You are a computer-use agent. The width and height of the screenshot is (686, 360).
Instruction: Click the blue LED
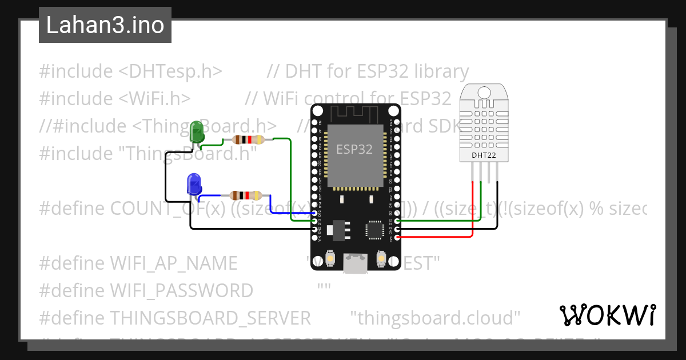click(x=194, y=184)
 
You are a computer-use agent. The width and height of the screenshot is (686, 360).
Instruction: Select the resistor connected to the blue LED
click(x=245, y=196)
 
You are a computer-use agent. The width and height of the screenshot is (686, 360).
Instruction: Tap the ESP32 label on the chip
click(x=354, y=150)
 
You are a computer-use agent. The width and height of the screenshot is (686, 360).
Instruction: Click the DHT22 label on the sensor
click(x=483, y=155)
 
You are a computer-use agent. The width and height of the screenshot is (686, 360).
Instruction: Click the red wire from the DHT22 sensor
click(x=472, y=211)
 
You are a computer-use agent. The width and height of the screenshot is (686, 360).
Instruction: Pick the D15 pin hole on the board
click(x=396, y=221)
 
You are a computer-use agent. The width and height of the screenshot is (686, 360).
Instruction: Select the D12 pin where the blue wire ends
click(x=314, y=213)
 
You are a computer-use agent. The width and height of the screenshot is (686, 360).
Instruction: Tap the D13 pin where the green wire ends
click(x=314, y=221)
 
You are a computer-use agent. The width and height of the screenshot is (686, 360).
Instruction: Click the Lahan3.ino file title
click(x=105, y=25)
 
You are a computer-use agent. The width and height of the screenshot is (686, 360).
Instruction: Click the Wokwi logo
click(x=607, y=315)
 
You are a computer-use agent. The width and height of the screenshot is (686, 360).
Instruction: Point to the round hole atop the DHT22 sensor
click(x=483, y=91)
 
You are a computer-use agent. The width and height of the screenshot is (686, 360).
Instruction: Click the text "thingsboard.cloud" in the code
click(x=435, y=317)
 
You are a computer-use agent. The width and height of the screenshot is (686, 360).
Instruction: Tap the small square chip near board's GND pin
click(x=374, y=230)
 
